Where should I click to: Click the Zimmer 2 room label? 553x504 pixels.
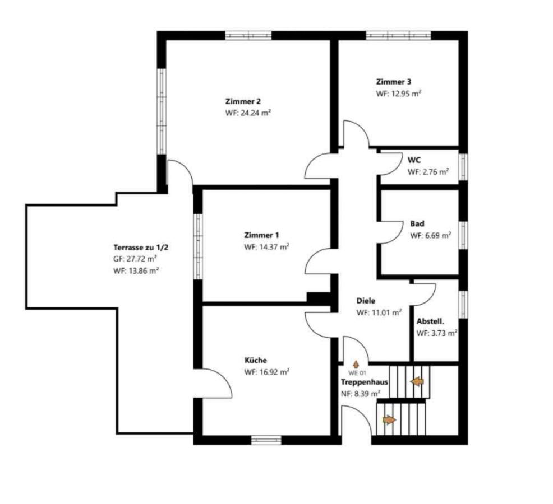pos(243,101)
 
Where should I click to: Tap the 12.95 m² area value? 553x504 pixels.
pos(406,94)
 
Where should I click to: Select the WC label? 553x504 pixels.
pos(414,160)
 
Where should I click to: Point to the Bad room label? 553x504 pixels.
pos(417,223)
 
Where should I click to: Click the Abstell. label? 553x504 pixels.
pos(430,321)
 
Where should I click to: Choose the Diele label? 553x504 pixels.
pos(366,301)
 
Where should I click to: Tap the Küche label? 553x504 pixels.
pos(256,360)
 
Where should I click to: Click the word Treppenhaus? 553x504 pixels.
pos(365,382)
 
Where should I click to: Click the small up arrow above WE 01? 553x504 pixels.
pos(356,365)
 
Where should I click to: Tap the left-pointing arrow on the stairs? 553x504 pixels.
pos(418,381)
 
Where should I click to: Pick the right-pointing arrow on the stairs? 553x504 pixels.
pos(389,420)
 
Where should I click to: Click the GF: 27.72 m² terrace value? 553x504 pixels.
pos(135,259)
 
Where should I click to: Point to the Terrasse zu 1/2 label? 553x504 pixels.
pos(141,248)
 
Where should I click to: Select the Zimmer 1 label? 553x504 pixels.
pos(262,235)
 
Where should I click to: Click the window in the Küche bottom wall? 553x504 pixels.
pos(266,440)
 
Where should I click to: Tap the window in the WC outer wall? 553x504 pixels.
pos(463,167)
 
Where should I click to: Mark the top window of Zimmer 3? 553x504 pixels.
pos(399,36)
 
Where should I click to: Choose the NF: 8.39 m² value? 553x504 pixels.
pos(361,394)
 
